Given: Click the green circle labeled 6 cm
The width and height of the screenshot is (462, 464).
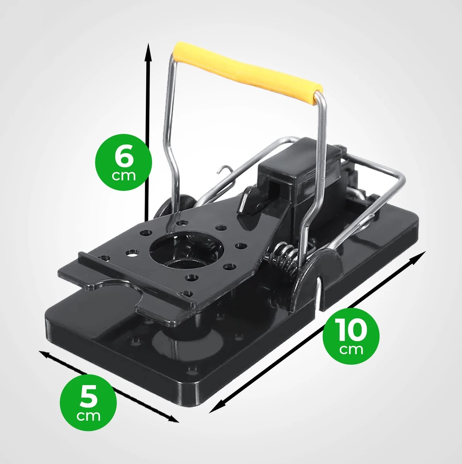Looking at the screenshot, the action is coord(124,162).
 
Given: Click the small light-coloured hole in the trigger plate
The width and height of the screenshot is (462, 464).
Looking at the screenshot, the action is coord(132,253).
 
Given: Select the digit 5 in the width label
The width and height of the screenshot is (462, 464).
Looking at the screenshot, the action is coord(89,397).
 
